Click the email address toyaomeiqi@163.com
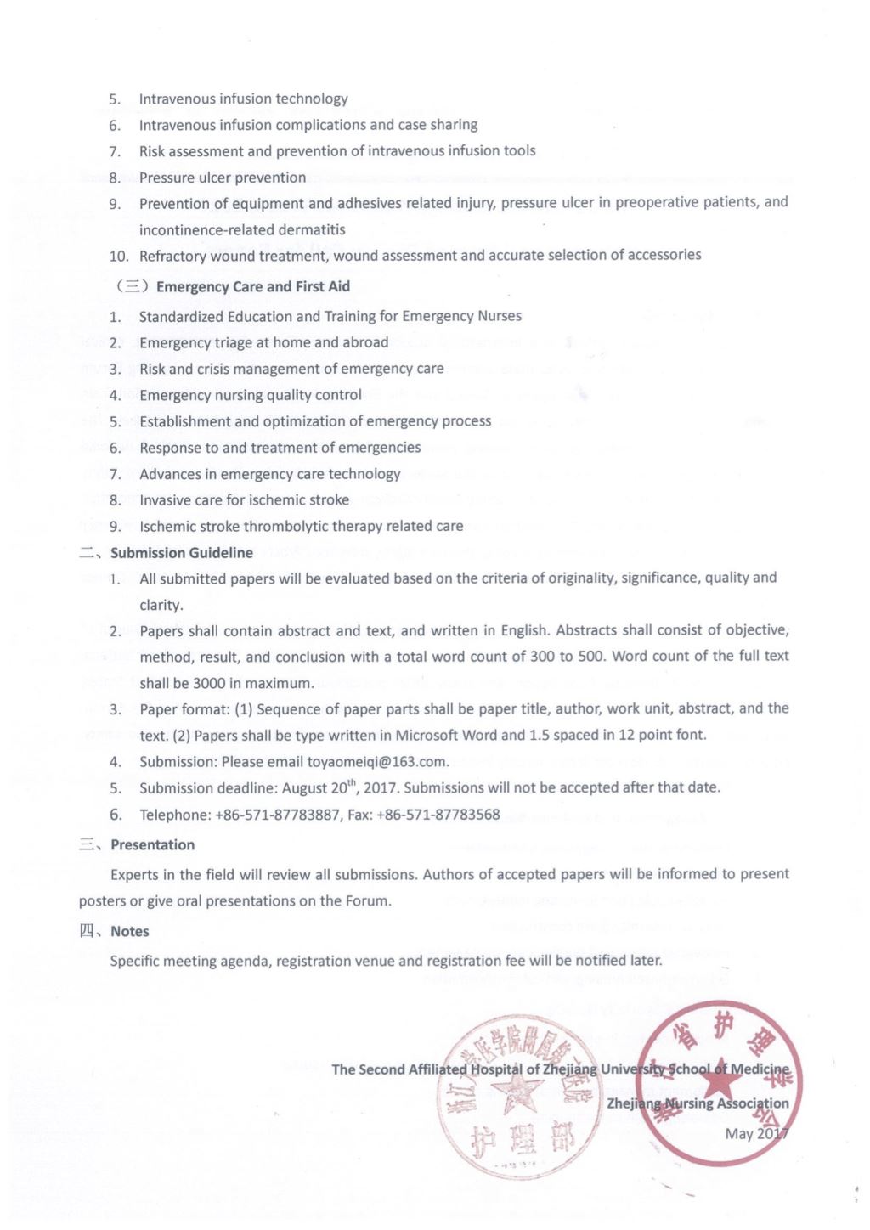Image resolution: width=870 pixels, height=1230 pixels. (x=376, y=762)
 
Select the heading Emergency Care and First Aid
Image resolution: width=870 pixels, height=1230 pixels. (x=252, y=287)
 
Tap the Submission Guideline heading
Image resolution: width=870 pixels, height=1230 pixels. (x=181, y=553)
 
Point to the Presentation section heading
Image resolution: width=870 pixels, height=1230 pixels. (x=152, y=845)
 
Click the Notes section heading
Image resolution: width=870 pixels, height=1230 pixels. (x=129, y=932)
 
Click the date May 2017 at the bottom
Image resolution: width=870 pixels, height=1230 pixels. (x=756, y=1134)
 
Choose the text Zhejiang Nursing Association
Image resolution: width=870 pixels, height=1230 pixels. (x=698, y=1103)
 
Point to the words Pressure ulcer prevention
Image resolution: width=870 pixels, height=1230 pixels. (x=223, y=178)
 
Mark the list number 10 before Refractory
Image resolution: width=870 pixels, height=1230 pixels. (x=119, y=257)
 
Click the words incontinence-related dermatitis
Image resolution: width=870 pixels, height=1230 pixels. (x=242, y=230)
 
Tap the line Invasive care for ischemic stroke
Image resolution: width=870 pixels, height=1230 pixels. (x=244, y=500)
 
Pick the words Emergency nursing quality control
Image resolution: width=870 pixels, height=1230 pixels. (x=251, y=395)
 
